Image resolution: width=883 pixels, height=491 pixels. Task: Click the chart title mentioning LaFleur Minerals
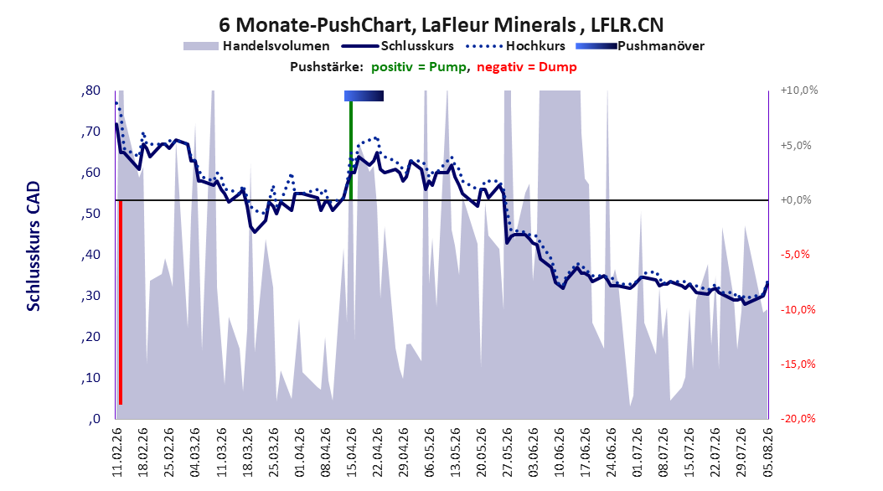(x=441, y=25)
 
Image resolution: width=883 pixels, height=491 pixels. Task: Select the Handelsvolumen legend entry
(x=256, y=46)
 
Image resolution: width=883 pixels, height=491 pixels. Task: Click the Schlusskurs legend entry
(x=398, y=46)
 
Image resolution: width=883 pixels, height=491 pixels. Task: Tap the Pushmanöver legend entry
(x=640, y=46)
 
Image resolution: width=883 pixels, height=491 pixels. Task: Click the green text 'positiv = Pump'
(x=418, y=67)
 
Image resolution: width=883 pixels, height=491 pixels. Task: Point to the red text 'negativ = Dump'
(x=527, y=67)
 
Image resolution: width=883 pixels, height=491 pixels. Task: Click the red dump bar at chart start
(x=121, y=302)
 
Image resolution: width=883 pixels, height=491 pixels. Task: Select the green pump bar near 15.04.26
(x=351, y=150)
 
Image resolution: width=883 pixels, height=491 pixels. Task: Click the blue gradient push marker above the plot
(x=364, y=96)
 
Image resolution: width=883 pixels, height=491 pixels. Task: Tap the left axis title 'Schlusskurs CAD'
(x=34, y=245)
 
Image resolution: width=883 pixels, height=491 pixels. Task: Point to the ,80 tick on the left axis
(x=90, y=90)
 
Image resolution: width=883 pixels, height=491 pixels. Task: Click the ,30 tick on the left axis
(x=90, y=296)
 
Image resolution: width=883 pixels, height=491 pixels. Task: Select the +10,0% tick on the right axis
(x=799, y=90)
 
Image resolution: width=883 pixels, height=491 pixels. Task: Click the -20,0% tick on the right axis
(x=798, y=418)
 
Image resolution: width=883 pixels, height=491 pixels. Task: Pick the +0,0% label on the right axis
(x=796, y=200)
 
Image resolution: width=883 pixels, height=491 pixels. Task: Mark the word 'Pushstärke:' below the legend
(x=327, y=67)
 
